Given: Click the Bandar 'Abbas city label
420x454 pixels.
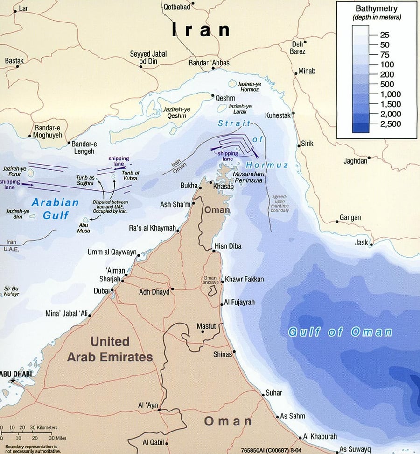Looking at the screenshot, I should pos(209,63).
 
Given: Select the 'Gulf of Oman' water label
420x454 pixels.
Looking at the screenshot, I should pos(340,332).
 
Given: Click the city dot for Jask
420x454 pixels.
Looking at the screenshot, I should pos(371,243).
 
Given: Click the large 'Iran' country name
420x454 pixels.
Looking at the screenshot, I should pos(201,29).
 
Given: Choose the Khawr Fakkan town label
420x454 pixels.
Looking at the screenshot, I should pos(244,280).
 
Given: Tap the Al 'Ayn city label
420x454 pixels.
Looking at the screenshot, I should pos(148,405).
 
